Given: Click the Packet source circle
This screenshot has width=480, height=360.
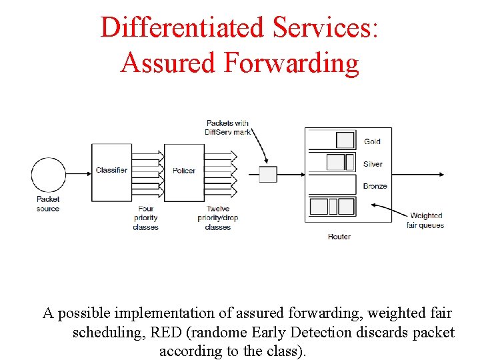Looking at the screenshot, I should [x=49, y=175].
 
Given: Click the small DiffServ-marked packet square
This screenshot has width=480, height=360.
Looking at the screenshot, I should [x=267, y=175].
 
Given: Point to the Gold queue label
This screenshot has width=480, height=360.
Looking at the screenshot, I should [x=372, y=141].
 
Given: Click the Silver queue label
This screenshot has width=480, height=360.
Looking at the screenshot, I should [x=373, y=164].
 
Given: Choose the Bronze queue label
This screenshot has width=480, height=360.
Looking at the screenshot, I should [x=375, y=186].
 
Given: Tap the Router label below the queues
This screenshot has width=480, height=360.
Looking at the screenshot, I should [x=339, y=237].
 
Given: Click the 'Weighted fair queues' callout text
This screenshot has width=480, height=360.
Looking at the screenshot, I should [x=425, y=220].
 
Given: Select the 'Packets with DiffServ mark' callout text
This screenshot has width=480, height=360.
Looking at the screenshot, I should [x=227, y=127].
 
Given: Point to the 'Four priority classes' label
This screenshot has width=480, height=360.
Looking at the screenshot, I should [x=145, y=218].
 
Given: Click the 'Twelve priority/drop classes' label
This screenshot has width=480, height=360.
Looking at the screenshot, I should [x=218, y=218].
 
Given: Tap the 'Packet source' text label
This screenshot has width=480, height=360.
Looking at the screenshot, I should [x=48, y=203].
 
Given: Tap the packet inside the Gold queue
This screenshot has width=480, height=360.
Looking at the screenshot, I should [x=345, y=140].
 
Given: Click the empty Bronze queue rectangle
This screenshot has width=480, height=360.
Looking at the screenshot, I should [x=331, y=184].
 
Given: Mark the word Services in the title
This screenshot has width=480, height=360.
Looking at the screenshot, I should [x=325, y=27].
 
